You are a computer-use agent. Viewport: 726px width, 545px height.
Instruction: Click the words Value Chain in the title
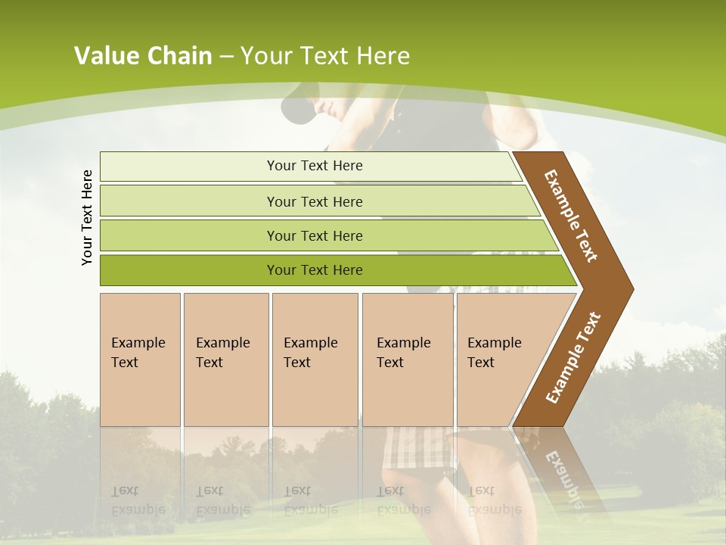tap(143, 56)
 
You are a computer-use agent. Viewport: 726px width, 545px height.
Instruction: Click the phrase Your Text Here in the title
tap(325, 56)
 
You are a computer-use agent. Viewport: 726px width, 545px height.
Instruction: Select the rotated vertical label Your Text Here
tap(88, 218)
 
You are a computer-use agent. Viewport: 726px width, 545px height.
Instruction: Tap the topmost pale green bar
tap(315, 166)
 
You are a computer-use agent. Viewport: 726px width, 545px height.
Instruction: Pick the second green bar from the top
tap(315, 201)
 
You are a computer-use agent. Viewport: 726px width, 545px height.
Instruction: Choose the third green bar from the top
tap(315, 235)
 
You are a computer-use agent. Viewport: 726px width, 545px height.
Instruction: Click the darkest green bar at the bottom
tap(315, 270)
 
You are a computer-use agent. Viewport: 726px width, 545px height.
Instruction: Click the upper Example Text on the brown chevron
tap(572, 216)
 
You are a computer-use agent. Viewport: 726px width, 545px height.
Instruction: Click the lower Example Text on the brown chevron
tap(573, 357)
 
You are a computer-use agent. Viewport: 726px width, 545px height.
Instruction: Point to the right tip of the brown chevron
tap(631, 288)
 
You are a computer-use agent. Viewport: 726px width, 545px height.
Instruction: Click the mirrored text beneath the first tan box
tap(138, 500)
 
